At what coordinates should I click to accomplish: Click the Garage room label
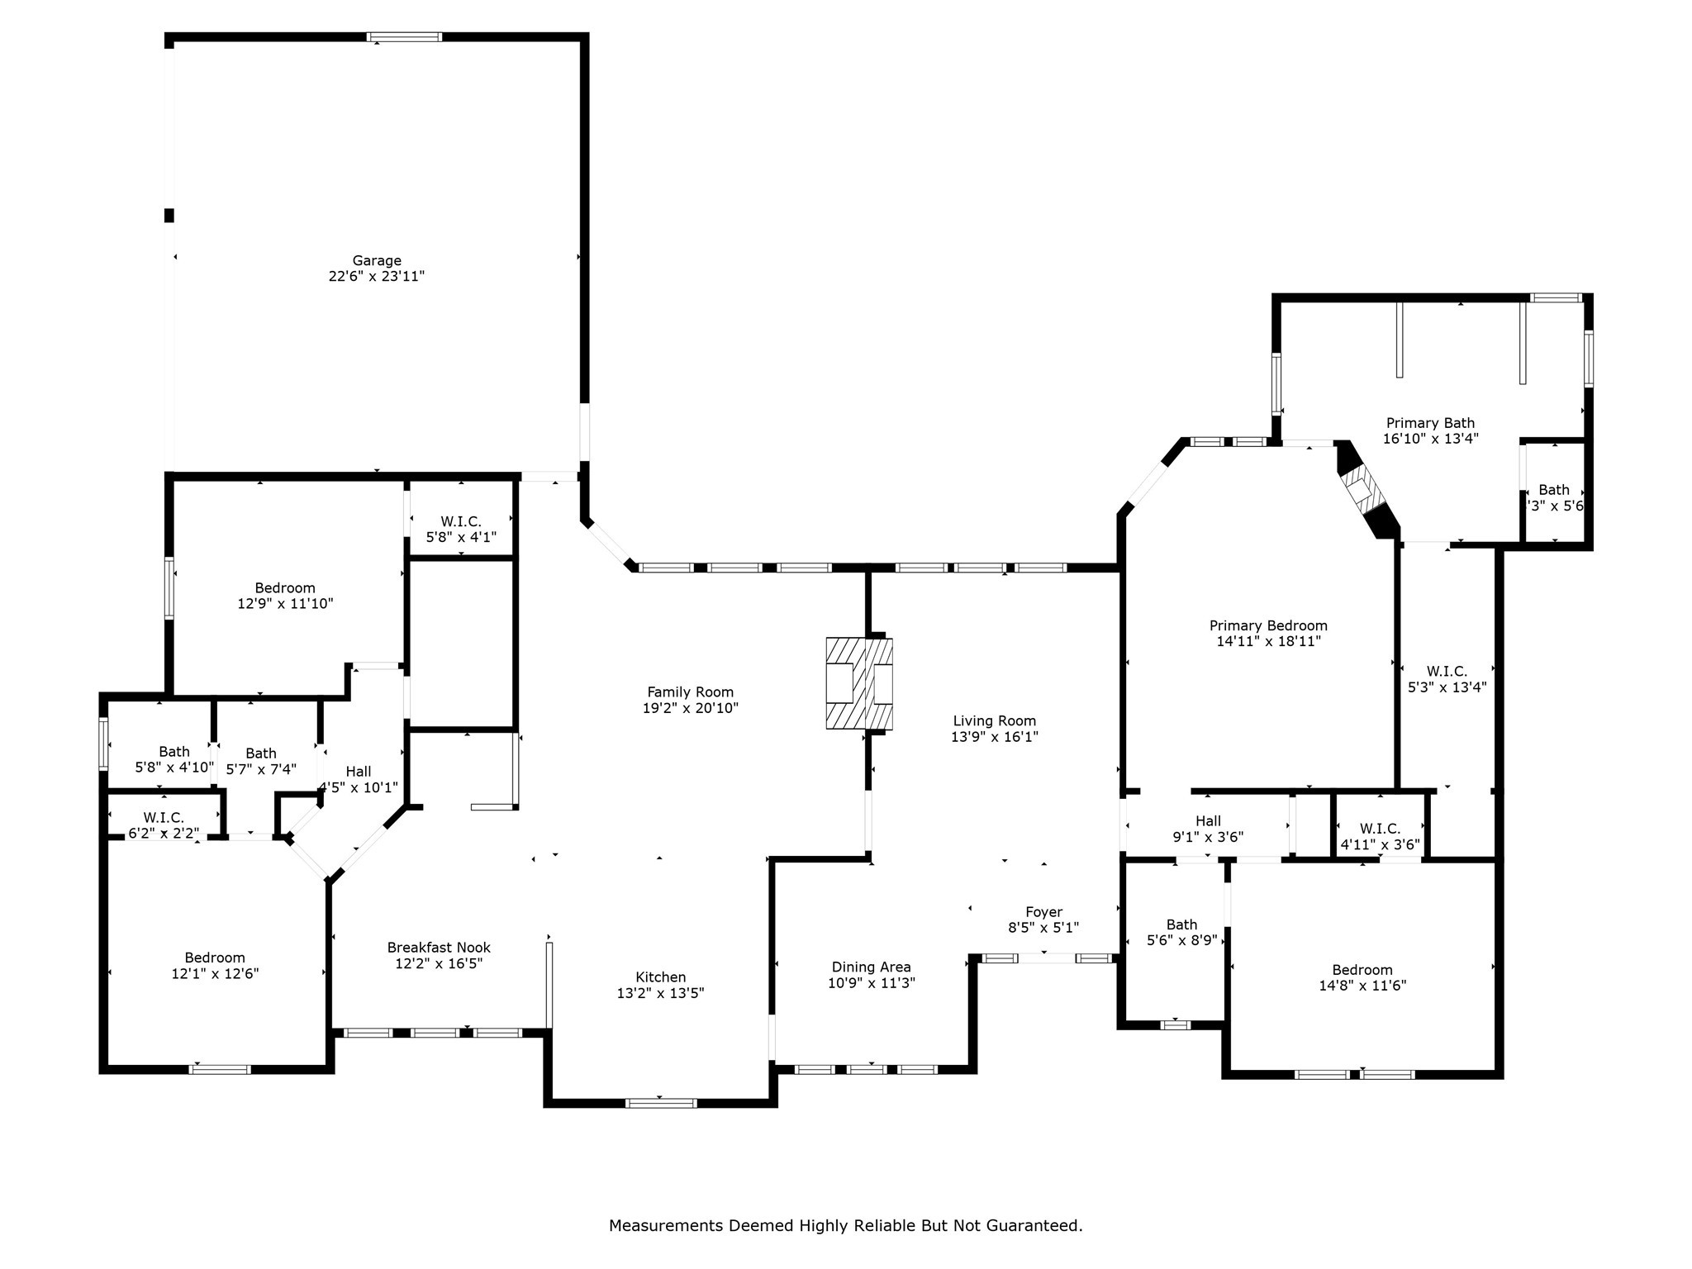(377, 261)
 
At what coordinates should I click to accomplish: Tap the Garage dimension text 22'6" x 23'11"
(377, 277)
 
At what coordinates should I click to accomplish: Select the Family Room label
(690, 692)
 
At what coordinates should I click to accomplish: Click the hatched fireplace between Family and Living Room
(859, 683)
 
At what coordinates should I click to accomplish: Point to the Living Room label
(994, 721)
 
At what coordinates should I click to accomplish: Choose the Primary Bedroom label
(1268, 625)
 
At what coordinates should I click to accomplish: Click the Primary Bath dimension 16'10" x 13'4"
(1430, 440)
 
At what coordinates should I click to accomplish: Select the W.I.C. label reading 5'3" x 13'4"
(1447, 687)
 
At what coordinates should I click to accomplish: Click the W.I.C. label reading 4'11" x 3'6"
(1380, 844)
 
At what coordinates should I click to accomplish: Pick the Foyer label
(1043, 912)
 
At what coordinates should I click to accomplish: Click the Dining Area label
(871, 967)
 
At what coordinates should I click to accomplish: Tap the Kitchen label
(660, 977)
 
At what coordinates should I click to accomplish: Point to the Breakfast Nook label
(439, 948)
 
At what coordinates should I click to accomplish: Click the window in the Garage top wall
(404, 37)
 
